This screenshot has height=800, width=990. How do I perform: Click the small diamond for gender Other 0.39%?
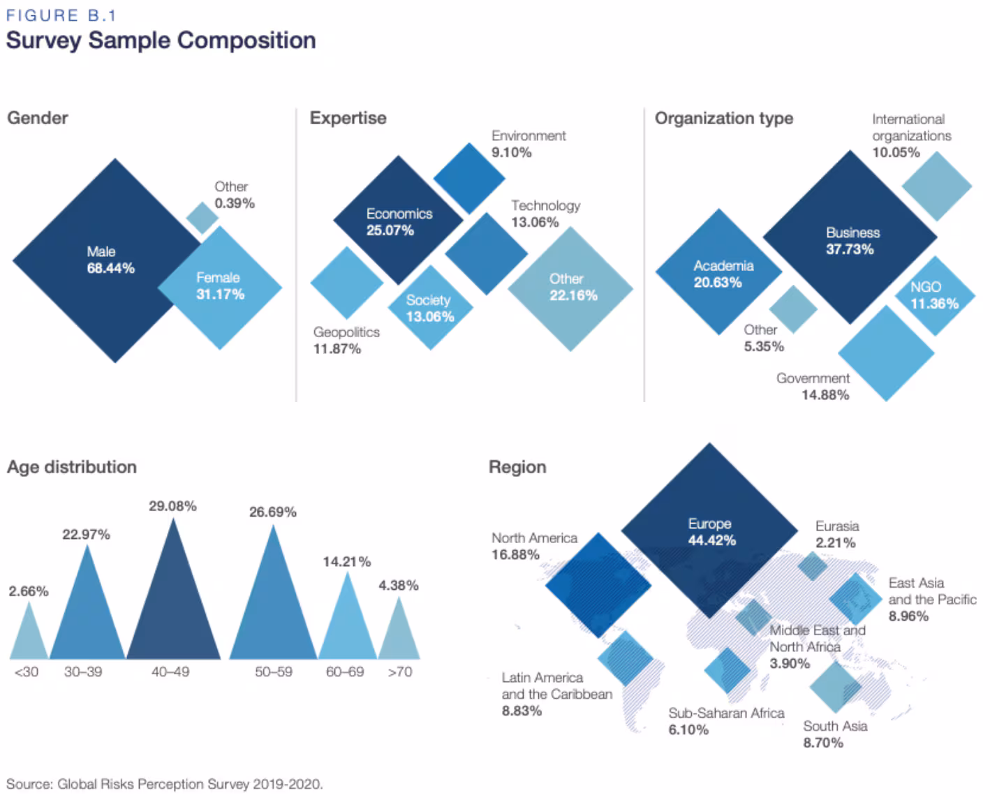pos(202,218)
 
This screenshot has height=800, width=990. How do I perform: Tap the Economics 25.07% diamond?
pos(398,221)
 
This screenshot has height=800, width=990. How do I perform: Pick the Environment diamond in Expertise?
pos(469,177)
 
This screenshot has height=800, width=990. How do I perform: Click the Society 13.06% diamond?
pos(430,308)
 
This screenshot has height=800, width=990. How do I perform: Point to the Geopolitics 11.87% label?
pos(346,340)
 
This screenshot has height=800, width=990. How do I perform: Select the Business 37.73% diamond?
pos(850,238)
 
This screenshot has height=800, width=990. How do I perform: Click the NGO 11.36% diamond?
pos(934,295)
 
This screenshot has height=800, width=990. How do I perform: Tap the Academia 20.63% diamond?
pos(718,273)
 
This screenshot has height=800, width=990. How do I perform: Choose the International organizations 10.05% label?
pos(910,136)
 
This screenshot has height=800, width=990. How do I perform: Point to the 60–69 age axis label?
pos(345,672)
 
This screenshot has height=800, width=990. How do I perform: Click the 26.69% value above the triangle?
pos(272,512)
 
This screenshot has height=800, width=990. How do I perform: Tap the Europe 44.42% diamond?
pos(709,531)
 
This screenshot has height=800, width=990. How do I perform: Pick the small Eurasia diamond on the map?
pos(812,565)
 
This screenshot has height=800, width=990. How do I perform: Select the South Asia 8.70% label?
pos(834,734)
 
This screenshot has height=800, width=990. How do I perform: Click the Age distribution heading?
pos(72,467)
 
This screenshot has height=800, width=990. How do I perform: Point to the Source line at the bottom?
pos(165,784)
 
